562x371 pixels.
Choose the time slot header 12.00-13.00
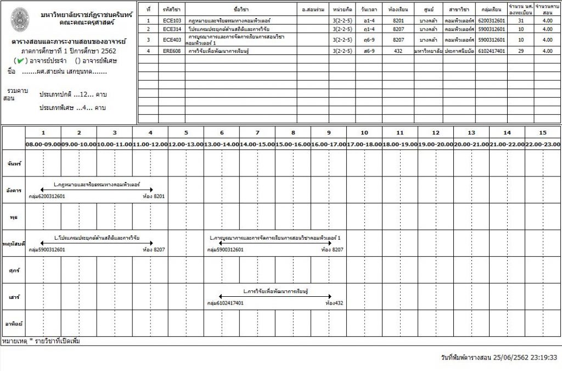click(x=186, y=144)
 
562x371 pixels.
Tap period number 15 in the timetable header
click(x=543, y=132)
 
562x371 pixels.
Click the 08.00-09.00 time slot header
click(x=43, y=144)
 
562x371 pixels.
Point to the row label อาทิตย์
click(x=13, y=324)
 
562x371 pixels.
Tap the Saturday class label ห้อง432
click(x=334, y=303)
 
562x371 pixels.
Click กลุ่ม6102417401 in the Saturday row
click(x=225, y=303)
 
